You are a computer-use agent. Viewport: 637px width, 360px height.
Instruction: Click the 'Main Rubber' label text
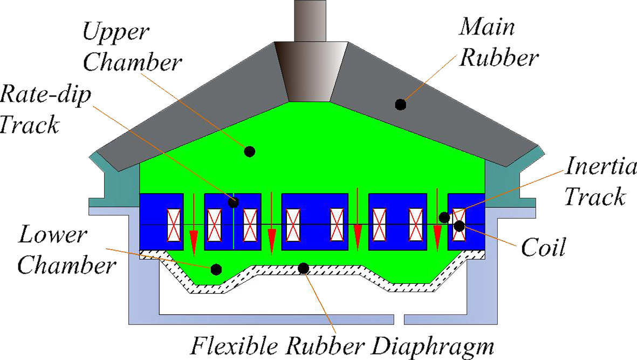pyautogui.click(x=497, y=41)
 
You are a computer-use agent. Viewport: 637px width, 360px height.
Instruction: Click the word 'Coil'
pyautogui.click(x=543, y=248)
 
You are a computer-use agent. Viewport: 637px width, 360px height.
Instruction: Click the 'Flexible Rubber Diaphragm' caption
pyautogui.click(x=343, y=345)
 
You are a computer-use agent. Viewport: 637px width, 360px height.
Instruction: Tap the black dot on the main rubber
pyautogui.click(x=400, y=105)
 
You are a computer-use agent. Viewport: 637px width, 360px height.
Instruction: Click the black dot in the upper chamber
pyautogui.click(x=249, y=152)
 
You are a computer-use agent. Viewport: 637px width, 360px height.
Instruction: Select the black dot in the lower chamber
pyautogui.click(x=216, y=268)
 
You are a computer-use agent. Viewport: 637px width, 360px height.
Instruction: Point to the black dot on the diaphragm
pyautogui.click(x=304, y=268)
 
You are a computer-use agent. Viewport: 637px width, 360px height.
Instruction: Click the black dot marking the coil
pyautogui.click(x=459, y=226)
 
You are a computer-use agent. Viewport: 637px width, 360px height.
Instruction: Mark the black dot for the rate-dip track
pyautogui.click(x=233, y=202)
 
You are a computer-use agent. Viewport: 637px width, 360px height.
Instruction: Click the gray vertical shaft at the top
pyautogui.click(x=310, y=20)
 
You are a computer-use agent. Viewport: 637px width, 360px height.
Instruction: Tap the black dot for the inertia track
pyautogui.click(x=444, y=217)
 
